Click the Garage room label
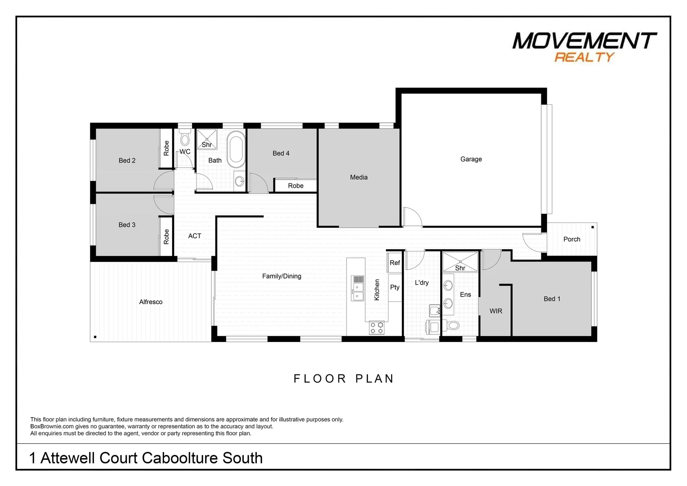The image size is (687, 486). (x=471, y=159)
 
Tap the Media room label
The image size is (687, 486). (x=358, y=177)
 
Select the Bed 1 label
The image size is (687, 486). (x=552, y=299)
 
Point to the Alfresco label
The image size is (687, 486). (x=151, y=302)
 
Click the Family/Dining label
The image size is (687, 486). (x=281, y=276)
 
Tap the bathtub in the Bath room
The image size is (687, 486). (x=236, y=149)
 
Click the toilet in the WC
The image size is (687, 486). (x=185, y=138)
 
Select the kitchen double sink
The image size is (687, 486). (x=357, y=291)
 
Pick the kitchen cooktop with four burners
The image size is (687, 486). (x=377, y=328)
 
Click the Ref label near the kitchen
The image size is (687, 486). (x=394, y=263)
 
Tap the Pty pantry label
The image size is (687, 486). (x=394, y=287)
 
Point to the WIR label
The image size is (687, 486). (x=495, y=311)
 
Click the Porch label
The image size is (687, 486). (x=571, y=239)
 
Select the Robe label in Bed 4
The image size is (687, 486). (x=295, y=186)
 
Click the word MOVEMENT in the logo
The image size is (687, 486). (x=584, y=41)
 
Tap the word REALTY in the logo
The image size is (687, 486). (x=584, y=57)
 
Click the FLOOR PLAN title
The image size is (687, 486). (x=343, y=379)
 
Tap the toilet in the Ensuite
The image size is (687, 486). (x=453, y=325)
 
